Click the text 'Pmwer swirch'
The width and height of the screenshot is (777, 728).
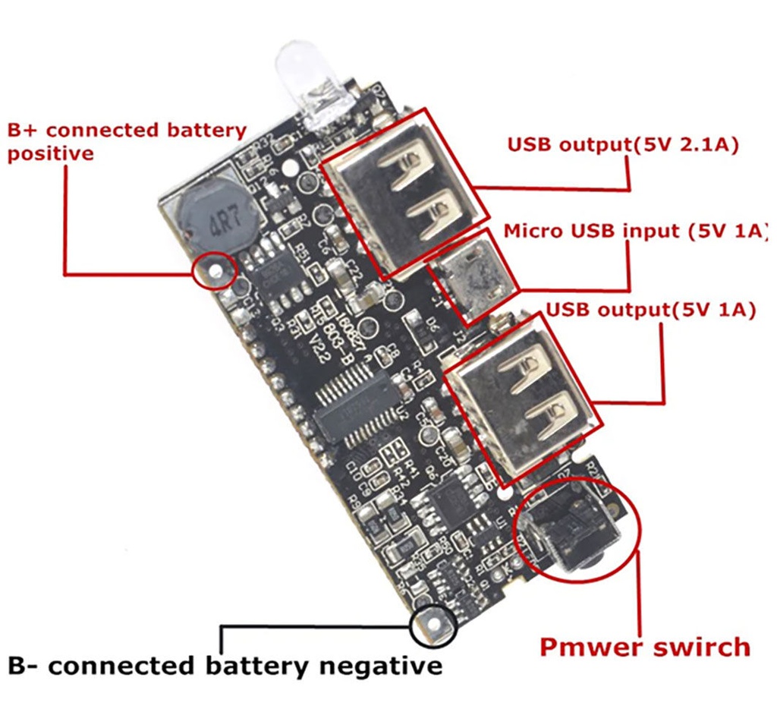[x=644, y=648]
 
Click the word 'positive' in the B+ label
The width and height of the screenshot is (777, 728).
[x=51, y=153]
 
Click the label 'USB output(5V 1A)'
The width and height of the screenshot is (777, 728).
[x=650, y=310]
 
